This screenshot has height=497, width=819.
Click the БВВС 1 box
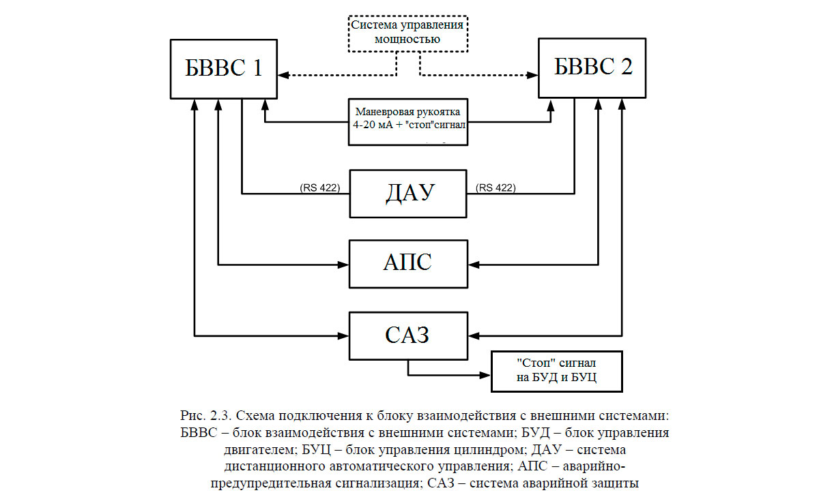click(223, 68)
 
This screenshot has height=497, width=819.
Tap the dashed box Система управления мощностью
click(408, 33)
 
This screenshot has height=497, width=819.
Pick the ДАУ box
click(408, 193)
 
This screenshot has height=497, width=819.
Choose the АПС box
click(408, 263)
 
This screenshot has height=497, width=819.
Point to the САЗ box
click(408, 335)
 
